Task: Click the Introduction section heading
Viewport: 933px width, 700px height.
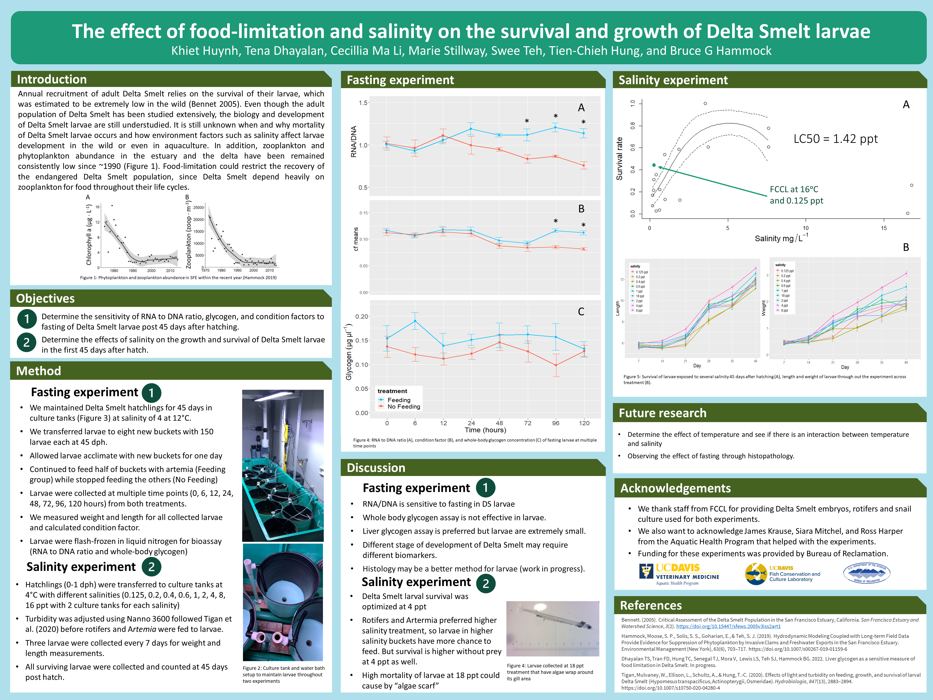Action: coord(52,79)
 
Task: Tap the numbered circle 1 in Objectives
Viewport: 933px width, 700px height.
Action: coord(27,319)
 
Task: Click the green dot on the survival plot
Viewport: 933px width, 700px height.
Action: coord(654,165)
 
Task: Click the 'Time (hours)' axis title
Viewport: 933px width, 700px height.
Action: coord(485,430)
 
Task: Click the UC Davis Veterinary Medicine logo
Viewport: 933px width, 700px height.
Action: coord(679,574)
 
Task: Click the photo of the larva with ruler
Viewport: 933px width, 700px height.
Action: coord(553,629)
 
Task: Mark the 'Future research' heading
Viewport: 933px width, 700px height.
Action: coord(662,413)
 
